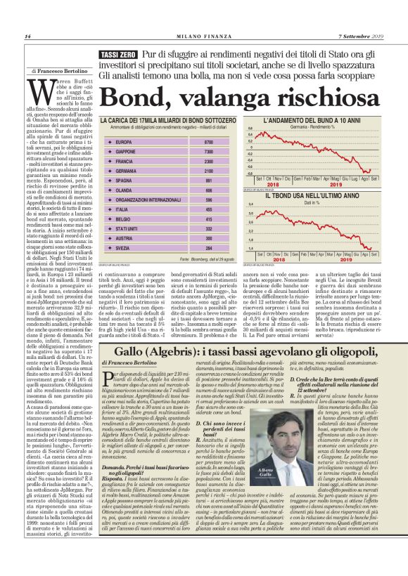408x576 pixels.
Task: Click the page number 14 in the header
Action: [x=27, y=37]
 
